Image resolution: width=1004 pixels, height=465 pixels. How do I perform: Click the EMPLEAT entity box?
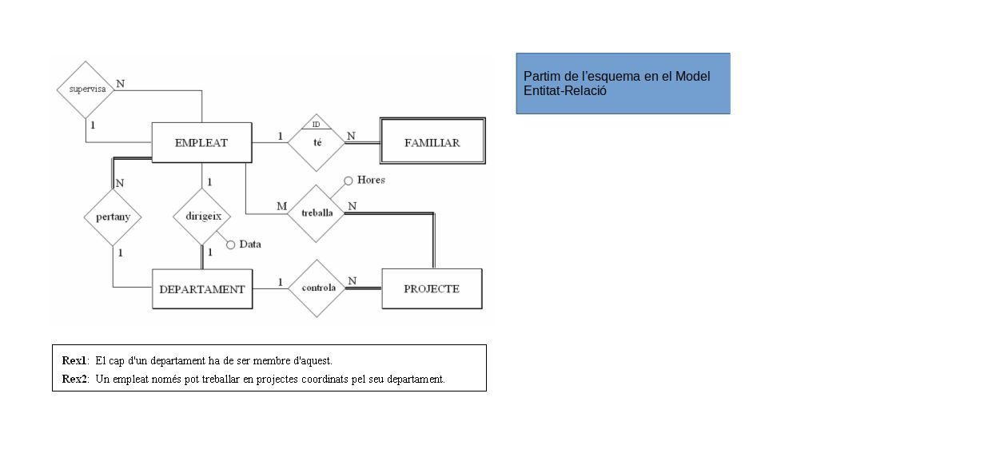tap(201, 143)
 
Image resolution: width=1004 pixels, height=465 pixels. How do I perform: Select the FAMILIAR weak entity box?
tap(432, 143)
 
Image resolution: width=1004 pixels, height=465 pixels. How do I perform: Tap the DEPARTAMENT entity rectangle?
tap(202, 289)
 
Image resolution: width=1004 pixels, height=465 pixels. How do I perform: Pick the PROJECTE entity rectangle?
tap(432, 289)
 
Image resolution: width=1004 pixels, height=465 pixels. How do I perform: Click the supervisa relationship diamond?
tap(86, 89)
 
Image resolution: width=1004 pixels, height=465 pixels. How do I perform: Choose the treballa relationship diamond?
tap(317, 213)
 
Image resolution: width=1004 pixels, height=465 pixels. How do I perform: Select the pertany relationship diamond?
tap(113, 217)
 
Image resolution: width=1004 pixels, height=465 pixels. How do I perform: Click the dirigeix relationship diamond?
tap(202, 217)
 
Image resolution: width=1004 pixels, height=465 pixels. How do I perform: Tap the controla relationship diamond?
tap(317, 288)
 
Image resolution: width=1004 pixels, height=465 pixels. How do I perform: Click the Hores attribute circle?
tap(348, 181)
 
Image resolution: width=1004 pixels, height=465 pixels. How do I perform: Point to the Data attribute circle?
tap(231, 244)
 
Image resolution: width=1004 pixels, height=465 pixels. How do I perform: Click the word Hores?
tap(371, 180)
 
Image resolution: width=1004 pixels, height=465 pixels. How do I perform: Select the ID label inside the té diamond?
tap(317, 125)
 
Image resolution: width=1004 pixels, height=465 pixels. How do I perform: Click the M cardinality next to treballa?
tap(281, 206)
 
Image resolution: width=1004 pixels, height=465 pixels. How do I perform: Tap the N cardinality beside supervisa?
tap(121, 83)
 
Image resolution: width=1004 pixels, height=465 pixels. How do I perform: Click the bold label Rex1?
tap(74, 360)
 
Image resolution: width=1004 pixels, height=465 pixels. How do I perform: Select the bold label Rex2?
tap(74, 379)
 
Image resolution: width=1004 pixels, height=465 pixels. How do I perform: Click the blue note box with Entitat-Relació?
tap(623, 83)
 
